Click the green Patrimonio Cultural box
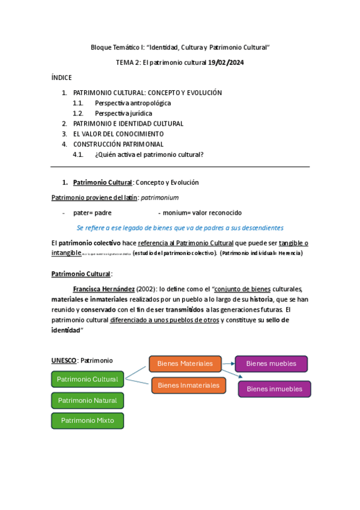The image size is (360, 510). click(88, 379)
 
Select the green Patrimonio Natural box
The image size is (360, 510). click(88, 401)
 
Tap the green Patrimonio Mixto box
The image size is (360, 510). click(88, 421)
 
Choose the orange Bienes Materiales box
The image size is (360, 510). click(185, 364)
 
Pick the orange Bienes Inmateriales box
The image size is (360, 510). click(189, 386)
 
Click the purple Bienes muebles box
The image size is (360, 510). click(271, 364)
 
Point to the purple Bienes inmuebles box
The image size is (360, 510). click(275, 389)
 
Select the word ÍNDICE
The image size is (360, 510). click(62, 78)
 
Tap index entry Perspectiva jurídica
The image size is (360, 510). click(123, 113)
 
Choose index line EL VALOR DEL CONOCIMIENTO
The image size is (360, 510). click(118, 134)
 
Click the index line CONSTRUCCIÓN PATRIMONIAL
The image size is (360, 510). click(118, 144)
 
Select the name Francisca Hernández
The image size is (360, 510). click(103, 289)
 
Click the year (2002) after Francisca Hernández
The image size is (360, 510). click(147, 289)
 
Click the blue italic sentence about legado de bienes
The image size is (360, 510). click(180, 228)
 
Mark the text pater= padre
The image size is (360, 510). click(93, 213)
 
